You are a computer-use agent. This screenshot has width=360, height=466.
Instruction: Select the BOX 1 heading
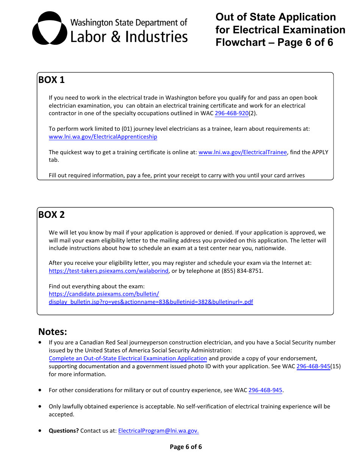tap(52, 80)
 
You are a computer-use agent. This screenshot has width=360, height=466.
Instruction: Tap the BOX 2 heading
tap(52, 215)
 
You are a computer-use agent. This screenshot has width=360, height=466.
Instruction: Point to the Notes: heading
tap(53, 332)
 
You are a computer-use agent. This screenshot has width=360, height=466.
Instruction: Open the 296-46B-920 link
tap(232, 113)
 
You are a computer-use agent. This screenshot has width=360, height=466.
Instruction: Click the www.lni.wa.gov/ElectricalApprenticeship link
tap(103, 137)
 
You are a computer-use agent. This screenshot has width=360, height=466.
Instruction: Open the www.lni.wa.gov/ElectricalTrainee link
tap(243, 152)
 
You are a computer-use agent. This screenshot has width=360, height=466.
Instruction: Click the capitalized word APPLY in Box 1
tap(312, 152)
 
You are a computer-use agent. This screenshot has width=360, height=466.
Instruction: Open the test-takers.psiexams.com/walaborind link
tap(108, 271)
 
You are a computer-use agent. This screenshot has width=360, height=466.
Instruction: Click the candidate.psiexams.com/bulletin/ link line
tap(104, 294)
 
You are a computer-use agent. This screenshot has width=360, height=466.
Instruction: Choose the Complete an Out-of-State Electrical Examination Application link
tap(128, 358)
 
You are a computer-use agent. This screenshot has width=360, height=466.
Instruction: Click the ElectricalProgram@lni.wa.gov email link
tap(158, 431)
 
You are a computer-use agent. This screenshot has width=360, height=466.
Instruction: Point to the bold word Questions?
tap(64, 431)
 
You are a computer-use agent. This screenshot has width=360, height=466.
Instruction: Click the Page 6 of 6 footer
tap(186, 447)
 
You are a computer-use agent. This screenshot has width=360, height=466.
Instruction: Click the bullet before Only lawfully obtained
tap(41, 406)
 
